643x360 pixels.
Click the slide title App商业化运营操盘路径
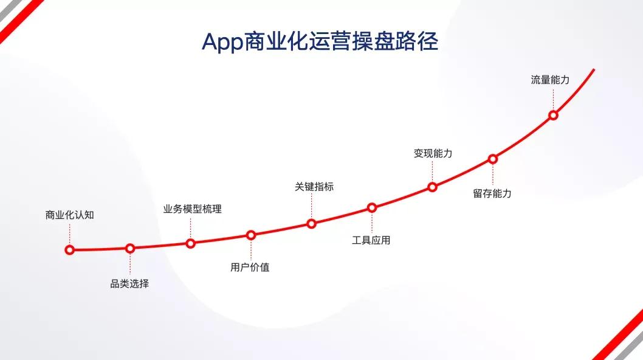[x=320, y=42]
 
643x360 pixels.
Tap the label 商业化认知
[x=70, y=215]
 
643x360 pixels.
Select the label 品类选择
[x=129, y=283]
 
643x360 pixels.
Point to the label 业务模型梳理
[x=192, y=209]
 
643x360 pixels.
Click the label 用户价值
[x=250, y=267]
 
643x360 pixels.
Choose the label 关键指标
[x=314, y=187]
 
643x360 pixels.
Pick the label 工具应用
[x=371, y=240]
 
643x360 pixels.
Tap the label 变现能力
[x=433, y=153]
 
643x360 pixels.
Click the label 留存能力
[x=492, y=193]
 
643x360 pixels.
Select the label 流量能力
[x=551, y=80]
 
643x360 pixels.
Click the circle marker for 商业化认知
[x=70, y=249]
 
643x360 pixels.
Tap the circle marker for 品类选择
[x=130, y=248]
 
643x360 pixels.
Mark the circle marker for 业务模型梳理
[x=190, y=243]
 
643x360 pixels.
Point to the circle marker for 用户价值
[x=251, y=235]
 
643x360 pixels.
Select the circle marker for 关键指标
[x=311, y=224]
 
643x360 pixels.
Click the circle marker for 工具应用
[x=372, y=208]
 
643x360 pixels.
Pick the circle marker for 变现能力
[x=432, y=187]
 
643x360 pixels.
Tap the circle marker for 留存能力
[x=493, y=159]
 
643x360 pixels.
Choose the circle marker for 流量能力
[x=553, y=116]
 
